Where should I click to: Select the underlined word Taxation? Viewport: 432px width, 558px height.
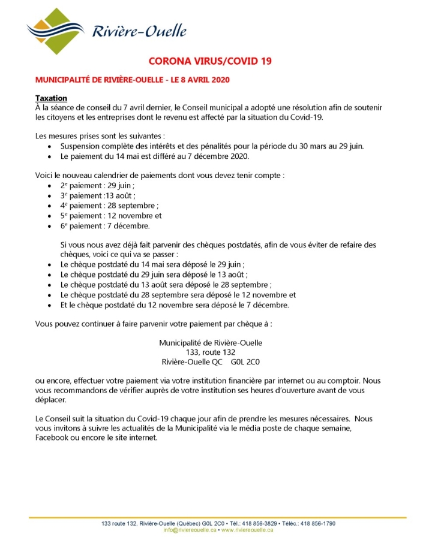coord(51,98)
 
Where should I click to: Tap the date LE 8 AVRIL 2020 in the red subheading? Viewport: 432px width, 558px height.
coord(199,79)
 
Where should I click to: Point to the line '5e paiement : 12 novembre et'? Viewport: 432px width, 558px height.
coord(111,215)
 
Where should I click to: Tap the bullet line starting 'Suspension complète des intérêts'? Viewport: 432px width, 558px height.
coord(220,146)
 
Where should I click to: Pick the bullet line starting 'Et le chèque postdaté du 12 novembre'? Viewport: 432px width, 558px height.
coord(175,304)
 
